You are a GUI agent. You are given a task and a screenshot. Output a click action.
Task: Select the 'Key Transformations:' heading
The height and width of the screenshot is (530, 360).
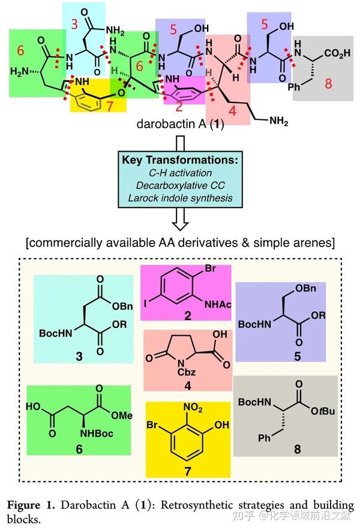point(180,160)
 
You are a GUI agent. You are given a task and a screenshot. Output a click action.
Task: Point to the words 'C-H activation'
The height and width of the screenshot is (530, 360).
point(180,172)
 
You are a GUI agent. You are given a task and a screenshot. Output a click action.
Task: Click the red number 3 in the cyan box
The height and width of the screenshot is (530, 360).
point(74,25)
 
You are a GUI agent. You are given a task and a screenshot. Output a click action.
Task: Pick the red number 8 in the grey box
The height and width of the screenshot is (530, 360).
point(328,85)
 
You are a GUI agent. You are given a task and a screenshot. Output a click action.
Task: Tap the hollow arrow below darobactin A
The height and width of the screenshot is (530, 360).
point(180,143)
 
